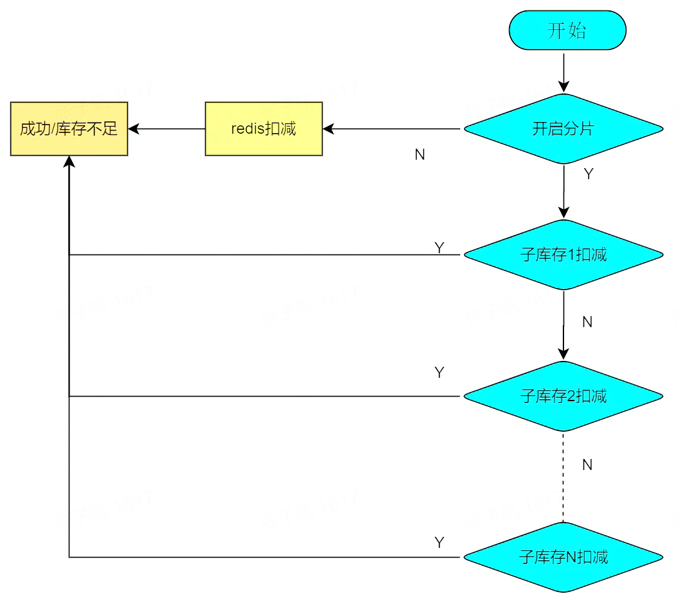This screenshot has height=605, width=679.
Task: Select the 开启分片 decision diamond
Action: coord(563,129)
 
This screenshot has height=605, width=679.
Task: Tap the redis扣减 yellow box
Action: coord(264,129)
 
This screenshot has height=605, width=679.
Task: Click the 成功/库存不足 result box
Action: coord(69,129)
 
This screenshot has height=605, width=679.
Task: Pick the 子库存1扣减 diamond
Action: coord(563,254)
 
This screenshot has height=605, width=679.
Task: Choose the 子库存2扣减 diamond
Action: coord(563,396)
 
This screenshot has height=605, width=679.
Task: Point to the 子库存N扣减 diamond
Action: coord(563,556)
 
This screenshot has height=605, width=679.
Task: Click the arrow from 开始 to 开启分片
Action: coord(563,71)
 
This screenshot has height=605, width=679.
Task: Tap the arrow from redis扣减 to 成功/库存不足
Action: coord(166,129)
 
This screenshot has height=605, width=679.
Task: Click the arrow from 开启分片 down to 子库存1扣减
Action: coord(563,191)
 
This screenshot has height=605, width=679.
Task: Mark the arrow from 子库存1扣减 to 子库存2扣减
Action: coord(563,325)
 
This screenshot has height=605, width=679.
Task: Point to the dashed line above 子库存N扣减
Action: coord(563,477)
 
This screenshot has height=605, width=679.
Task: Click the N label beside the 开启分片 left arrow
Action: coord(420,156)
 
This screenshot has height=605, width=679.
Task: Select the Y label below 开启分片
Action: coord(588,174)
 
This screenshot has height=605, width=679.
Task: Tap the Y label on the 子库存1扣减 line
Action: coord(439,248)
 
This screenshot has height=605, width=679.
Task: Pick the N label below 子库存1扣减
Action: coord(587,322)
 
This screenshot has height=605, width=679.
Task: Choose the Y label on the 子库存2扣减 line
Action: coord(439,373)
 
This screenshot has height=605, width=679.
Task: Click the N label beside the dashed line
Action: coord(587,465)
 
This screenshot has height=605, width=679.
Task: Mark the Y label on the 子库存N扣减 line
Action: coord(439,543)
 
